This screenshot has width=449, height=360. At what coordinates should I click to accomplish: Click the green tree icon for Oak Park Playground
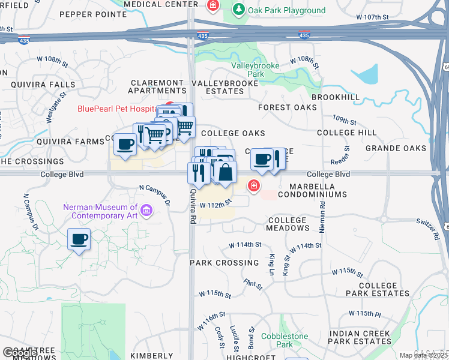tap(239, 10)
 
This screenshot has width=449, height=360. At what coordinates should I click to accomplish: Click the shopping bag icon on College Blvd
tap(225, 173)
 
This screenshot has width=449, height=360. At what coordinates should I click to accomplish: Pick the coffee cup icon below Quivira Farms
tap(125, 145)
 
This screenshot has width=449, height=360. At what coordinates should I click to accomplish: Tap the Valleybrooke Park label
tap(256, 70)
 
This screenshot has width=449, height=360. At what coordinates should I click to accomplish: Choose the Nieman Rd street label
tap(323, 212)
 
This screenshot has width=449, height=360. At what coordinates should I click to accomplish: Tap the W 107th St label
tap(372, 17)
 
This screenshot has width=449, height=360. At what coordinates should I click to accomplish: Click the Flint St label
tap(253, 283)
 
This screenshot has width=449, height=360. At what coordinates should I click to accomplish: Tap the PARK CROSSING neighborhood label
tap(224, 263)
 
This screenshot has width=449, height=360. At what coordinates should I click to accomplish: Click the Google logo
tap(19, 353)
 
